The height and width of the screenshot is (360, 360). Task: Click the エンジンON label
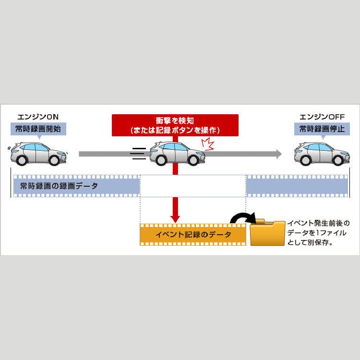(38, 117)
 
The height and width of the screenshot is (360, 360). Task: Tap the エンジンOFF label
(322, 117)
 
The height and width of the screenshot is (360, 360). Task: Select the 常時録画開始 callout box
(38, 129)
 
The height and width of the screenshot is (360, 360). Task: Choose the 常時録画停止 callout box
(322, 129)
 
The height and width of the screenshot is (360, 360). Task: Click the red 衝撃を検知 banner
(175, 125)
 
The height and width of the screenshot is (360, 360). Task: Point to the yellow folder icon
(267, 232)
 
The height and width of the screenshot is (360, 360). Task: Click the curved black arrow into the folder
(243, 217)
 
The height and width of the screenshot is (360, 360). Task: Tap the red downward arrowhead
(175, 219)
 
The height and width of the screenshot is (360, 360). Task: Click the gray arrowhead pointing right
(279, 154)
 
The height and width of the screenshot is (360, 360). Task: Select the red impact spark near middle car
(208, 144)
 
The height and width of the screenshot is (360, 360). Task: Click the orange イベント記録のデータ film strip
(193, 235)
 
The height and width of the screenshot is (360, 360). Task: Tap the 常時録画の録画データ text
(59, 186)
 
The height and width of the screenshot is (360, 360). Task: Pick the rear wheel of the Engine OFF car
(305, 160)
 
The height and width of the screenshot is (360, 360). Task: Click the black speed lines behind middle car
(138, 154)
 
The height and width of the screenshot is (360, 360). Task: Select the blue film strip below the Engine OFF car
(297, 186)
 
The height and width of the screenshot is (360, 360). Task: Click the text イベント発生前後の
(318, 223)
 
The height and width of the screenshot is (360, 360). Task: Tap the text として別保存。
(310, 242)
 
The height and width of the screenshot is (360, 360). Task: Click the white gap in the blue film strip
(193, 186)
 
